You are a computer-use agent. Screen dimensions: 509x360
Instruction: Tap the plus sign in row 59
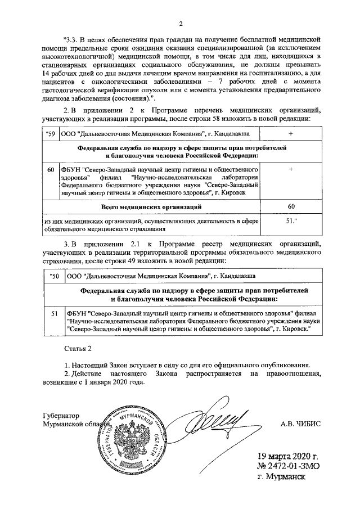(x=290, y=134)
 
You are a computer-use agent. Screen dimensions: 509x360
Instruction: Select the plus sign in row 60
(x=290, y=169)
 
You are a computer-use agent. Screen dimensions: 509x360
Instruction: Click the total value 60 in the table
(x=291, y=207)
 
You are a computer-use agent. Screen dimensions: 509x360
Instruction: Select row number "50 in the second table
(x=54, y=277)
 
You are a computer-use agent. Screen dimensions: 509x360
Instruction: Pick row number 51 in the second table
(x=55, y=313)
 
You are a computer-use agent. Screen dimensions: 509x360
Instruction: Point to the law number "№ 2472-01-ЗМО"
(x=287, y=466)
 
